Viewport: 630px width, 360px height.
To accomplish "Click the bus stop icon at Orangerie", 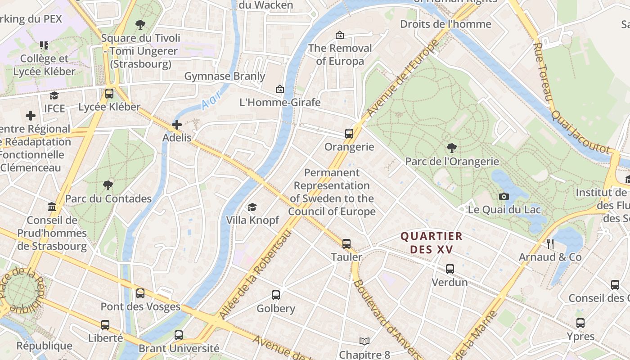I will [349, 134].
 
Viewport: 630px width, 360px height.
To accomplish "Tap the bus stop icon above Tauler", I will [346, 244].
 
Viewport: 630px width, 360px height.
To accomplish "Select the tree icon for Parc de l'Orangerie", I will [451, 148].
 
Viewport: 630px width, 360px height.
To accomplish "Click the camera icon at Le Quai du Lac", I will [504, 196].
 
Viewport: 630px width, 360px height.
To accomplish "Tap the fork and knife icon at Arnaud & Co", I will [550, 244].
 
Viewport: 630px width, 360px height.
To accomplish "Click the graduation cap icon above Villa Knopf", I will [252, 207].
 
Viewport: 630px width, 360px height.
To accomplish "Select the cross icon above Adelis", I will [177, 125].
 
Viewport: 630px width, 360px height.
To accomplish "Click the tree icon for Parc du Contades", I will [108, 185].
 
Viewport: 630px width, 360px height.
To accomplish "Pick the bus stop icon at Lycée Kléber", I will [109, 94].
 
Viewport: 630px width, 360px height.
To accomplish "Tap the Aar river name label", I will [211, 100].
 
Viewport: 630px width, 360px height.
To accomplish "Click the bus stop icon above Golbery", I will [276, 295].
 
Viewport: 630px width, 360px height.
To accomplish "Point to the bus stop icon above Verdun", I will [450, 269].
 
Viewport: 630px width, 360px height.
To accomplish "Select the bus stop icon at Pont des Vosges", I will [140, 293].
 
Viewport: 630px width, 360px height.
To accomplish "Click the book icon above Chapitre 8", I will [364, 342].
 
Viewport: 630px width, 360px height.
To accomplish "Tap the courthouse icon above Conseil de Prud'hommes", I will [52, 207].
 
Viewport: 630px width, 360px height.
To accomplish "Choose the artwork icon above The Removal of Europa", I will [340, 35].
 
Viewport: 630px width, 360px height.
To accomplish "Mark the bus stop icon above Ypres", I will [580, 323].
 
